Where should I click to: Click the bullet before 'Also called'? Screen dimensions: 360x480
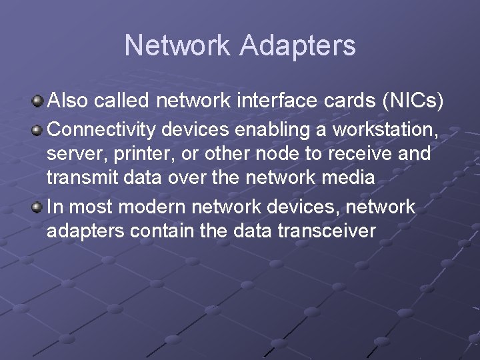point(38,101)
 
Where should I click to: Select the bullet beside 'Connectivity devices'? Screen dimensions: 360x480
point(38,129)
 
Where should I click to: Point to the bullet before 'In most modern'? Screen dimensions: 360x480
point(38,207)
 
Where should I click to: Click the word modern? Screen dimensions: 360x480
point(153,207)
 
